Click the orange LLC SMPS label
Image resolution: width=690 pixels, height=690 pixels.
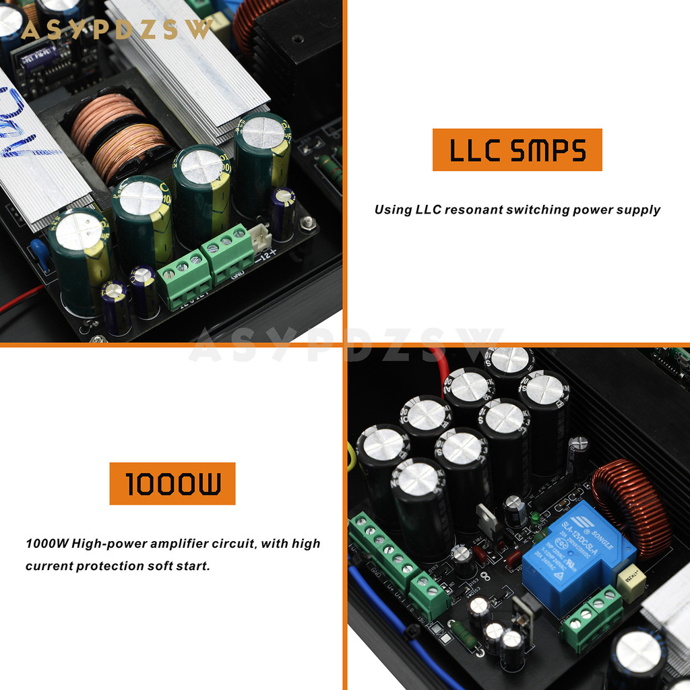coord(517,150)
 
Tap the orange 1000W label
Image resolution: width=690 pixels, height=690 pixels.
coord(172,483)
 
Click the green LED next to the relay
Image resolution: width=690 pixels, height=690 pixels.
coord(534,517)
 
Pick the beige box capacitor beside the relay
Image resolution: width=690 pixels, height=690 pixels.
coord(631,583)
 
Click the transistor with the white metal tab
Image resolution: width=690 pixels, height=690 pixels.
coord(487,519)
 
